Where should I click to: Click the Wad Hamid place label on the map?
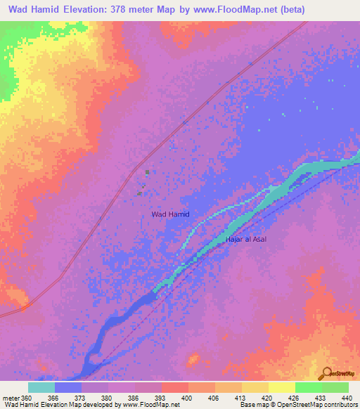tap(171, 214)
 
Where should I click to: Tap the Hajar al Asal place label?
tap(245, 240)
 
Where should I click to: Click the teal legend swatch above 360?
tap(41, 387)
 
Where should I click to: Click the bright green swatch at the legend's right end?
tap(335, 387)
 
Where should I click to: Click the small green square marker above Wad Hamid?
tap(147, 172)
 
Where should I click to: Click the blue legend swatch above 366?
tap(68, 387)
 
